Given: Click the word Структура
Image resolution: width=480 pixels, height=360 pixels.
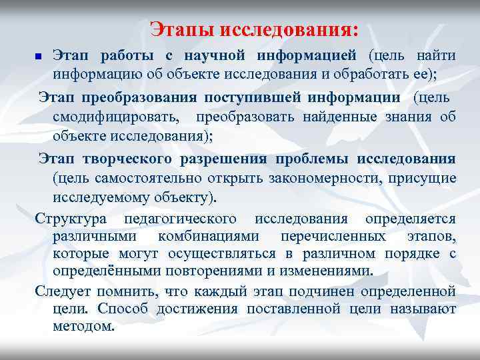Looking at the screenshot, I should [x=69, y=219].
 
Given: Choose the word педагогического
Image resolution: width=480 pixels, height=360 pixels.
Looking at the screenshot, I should [x=185, y=219].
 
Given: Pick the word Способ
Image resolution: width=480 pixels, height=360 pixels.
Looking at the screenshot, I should [x=121, y=309].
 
